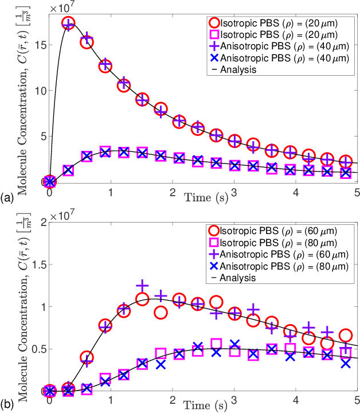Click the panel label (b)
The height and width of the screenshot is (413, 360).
pyautogui.click(x=7, y=404)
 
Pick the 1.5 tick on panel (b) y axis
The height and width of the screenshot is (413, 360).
pyautogui.click(x=36, y=264)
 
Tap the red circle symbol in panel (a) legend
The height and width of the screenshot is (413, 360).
pyautogui.click(x=214, y=23)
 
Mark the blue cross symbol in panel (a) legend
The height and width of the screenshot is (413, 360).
pyautogui.click(x=214, y=58)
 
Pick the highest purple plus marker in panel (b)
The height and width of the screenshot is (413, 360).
pyautogui.click(x=142, y=286)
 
